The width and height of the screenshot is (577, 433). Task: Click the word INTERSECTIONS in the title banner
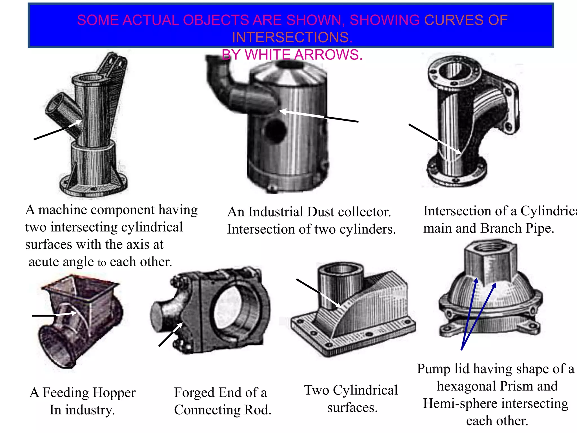pos(292,37)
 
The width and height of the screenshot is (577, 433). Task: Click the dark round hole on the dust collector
pos(276,131)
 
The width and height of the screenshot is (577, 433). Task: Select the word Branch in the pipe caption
pos(501,228)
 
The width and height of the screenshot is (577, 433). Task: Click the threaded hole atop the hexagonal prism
pos(490,248)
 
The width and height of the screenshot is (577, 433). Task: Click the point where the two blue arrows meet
pos(462,350)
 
